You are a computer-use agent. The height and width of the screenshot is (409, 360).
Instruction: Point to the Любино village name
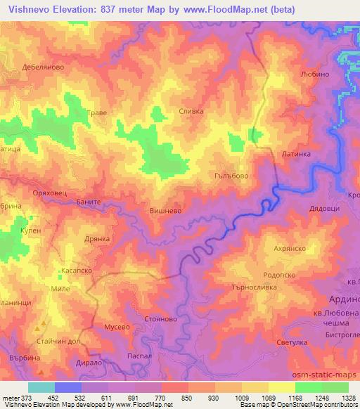[x=314, y=74]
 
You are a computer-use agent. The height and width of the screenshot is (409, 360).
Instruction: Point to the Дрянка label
[x=98, y=239]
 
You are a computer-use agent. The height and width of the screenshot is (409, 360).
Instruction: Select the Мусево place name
[x=117, y=327]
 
